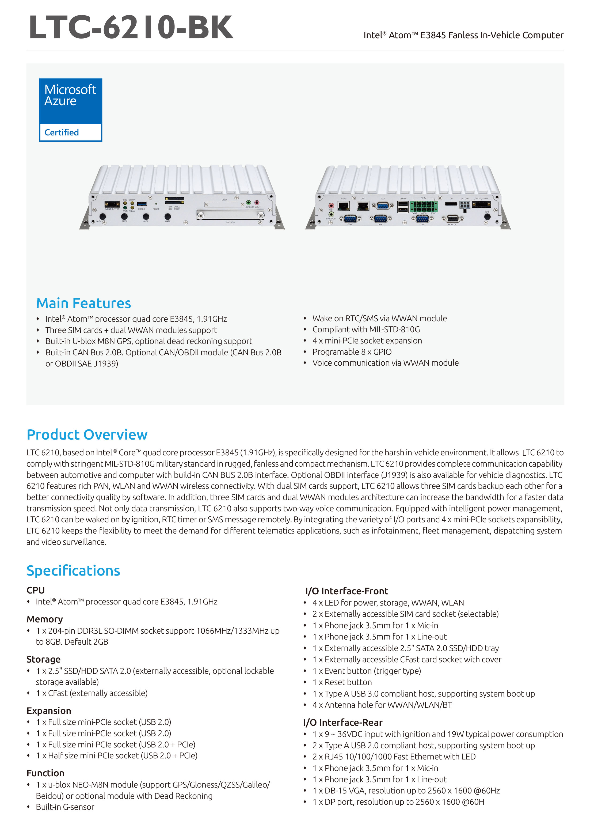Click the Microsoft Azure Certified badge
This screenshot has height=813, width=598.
tap(71, 110)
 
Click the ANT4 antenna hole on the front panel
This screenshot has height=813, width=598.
tap(102, 216)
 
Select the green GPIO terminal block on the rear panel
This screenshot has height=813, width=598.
tap(424, 206)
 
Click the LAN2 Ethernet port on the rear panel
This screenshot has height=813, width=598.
tap(344, 206)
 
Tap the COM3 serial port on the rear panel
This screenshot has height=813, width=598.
tap(350, 218)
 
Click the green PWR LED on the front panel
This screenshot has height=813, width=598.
tap(125, 208)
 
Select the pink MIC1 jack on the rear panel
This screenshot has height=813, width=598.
tap(331, 205)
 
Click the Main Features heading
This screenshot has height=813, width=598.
tap(84, 303)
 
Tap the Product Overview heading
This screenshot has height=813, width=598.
tap(87, 434)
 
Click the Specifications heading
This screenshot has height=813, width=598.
tap(73, 570)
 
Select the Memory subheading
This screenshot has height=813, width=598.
tap(44, 619)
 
